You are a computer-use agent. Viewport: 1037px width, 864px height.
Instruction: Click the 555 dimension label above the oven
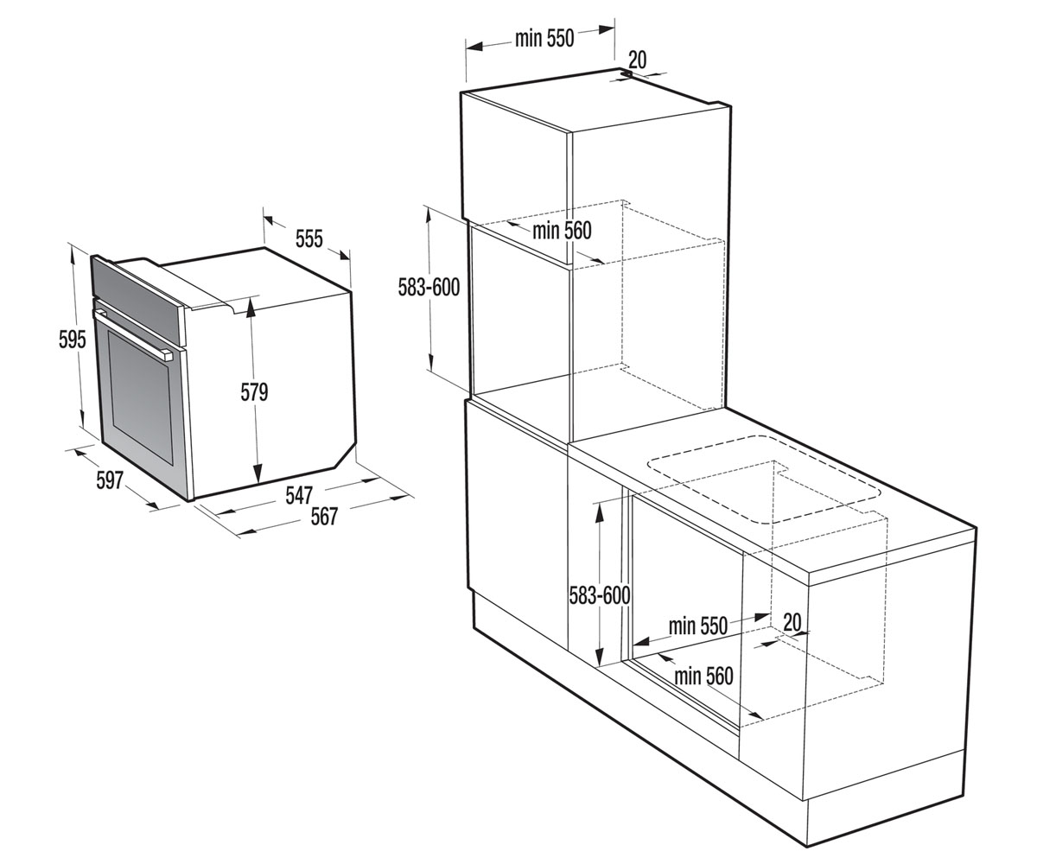point(309,238)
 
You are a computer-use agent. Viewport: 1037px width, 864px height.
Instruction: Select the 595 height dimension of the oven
point(72,340)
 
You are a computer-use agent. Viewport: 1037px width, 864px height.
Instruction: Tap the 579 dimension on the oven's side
point(254,392)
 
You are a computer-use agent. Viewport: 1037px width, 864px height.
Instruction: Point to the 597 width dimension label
point(109,480)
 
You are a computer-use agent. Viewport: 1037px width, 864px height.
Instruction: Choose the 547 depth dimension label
point(299,495)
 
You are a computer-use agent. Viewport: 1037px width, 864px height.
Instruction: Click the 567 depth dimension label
point(324,517)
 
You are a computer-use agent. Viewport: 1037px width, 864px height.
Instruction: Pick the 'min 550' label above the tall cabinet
point(544,38)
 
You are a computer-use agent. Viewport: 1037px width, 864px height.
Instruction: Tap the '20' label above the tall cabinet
point(638,60)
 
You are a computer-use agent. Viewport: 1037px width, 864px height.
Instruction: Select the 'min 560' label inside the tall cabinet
point(562,231)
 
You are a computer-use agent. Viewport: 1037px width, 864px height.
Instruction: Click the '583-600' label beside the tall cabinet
point(429,288)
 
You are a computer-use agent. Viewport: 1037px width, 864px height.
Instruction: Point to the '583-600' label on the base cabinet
point(600,595)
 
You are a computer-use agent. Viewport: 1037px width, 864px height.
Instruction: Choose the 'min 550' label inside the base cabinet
point(697,626)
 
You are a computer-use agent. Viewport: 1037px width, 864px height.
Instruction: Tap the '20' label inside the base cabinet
point(792,622)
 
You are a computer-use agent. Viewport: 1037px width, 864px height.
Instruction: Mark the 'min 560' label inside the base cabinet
point(703,676)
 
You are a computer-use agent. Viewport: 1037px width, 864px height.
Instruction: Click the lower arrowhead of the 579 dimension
point(258,473)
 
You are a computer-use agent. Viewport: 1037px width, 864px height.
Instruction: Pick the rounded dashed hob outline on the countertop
point(764,480)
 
